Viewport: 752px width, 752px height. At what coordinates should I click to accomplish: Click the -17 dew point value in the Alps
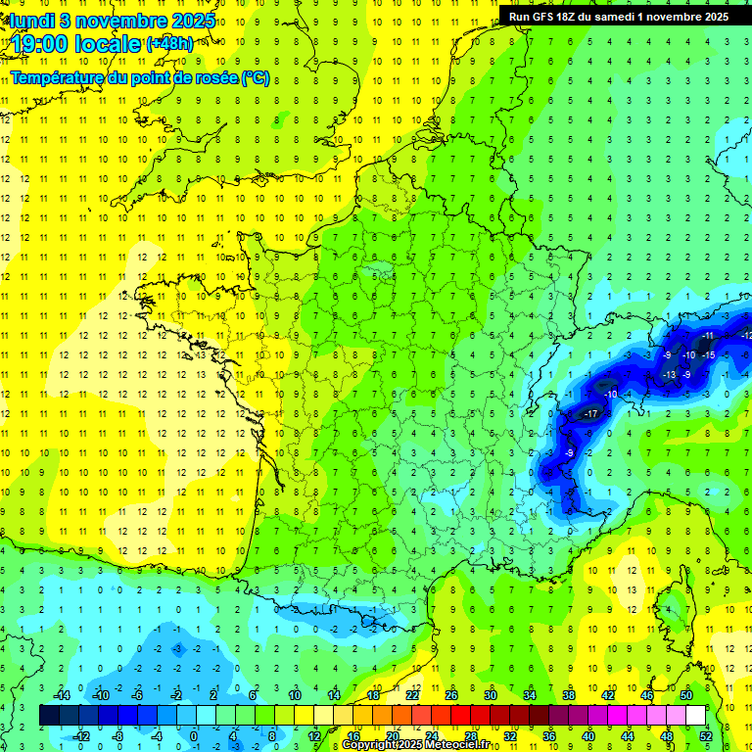coord(590,414)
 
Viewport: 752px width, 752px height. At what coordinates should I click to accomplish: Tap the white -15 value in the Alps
coord(709,354)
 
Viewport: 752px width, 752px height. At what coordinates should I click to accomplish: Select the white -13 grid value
coord(670,375)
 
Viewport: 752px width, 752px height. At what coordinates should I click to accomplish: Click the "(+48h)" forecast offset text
coord(169,44)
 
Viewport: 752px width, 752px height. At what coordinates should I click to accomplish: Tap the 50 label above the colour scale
coord(686,695)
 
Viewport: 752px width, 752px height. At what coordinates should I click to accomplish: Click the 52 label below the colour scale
coord(706,736)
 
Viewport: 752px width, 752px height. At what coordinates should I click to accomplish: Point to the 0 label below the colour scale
coord(194,736)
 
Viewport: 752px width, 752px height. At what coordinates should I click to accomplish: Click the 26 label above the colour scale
coord(451,695)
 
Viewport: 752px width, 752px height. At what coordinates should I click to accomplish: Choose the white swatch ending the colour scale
coord(695,716)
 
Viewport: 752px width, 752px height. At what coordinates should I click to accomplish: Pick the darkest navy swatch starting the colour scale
coord(50,716)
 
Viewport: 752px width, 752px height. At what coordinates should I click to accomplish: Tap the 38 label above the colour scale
coord(569,695)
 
